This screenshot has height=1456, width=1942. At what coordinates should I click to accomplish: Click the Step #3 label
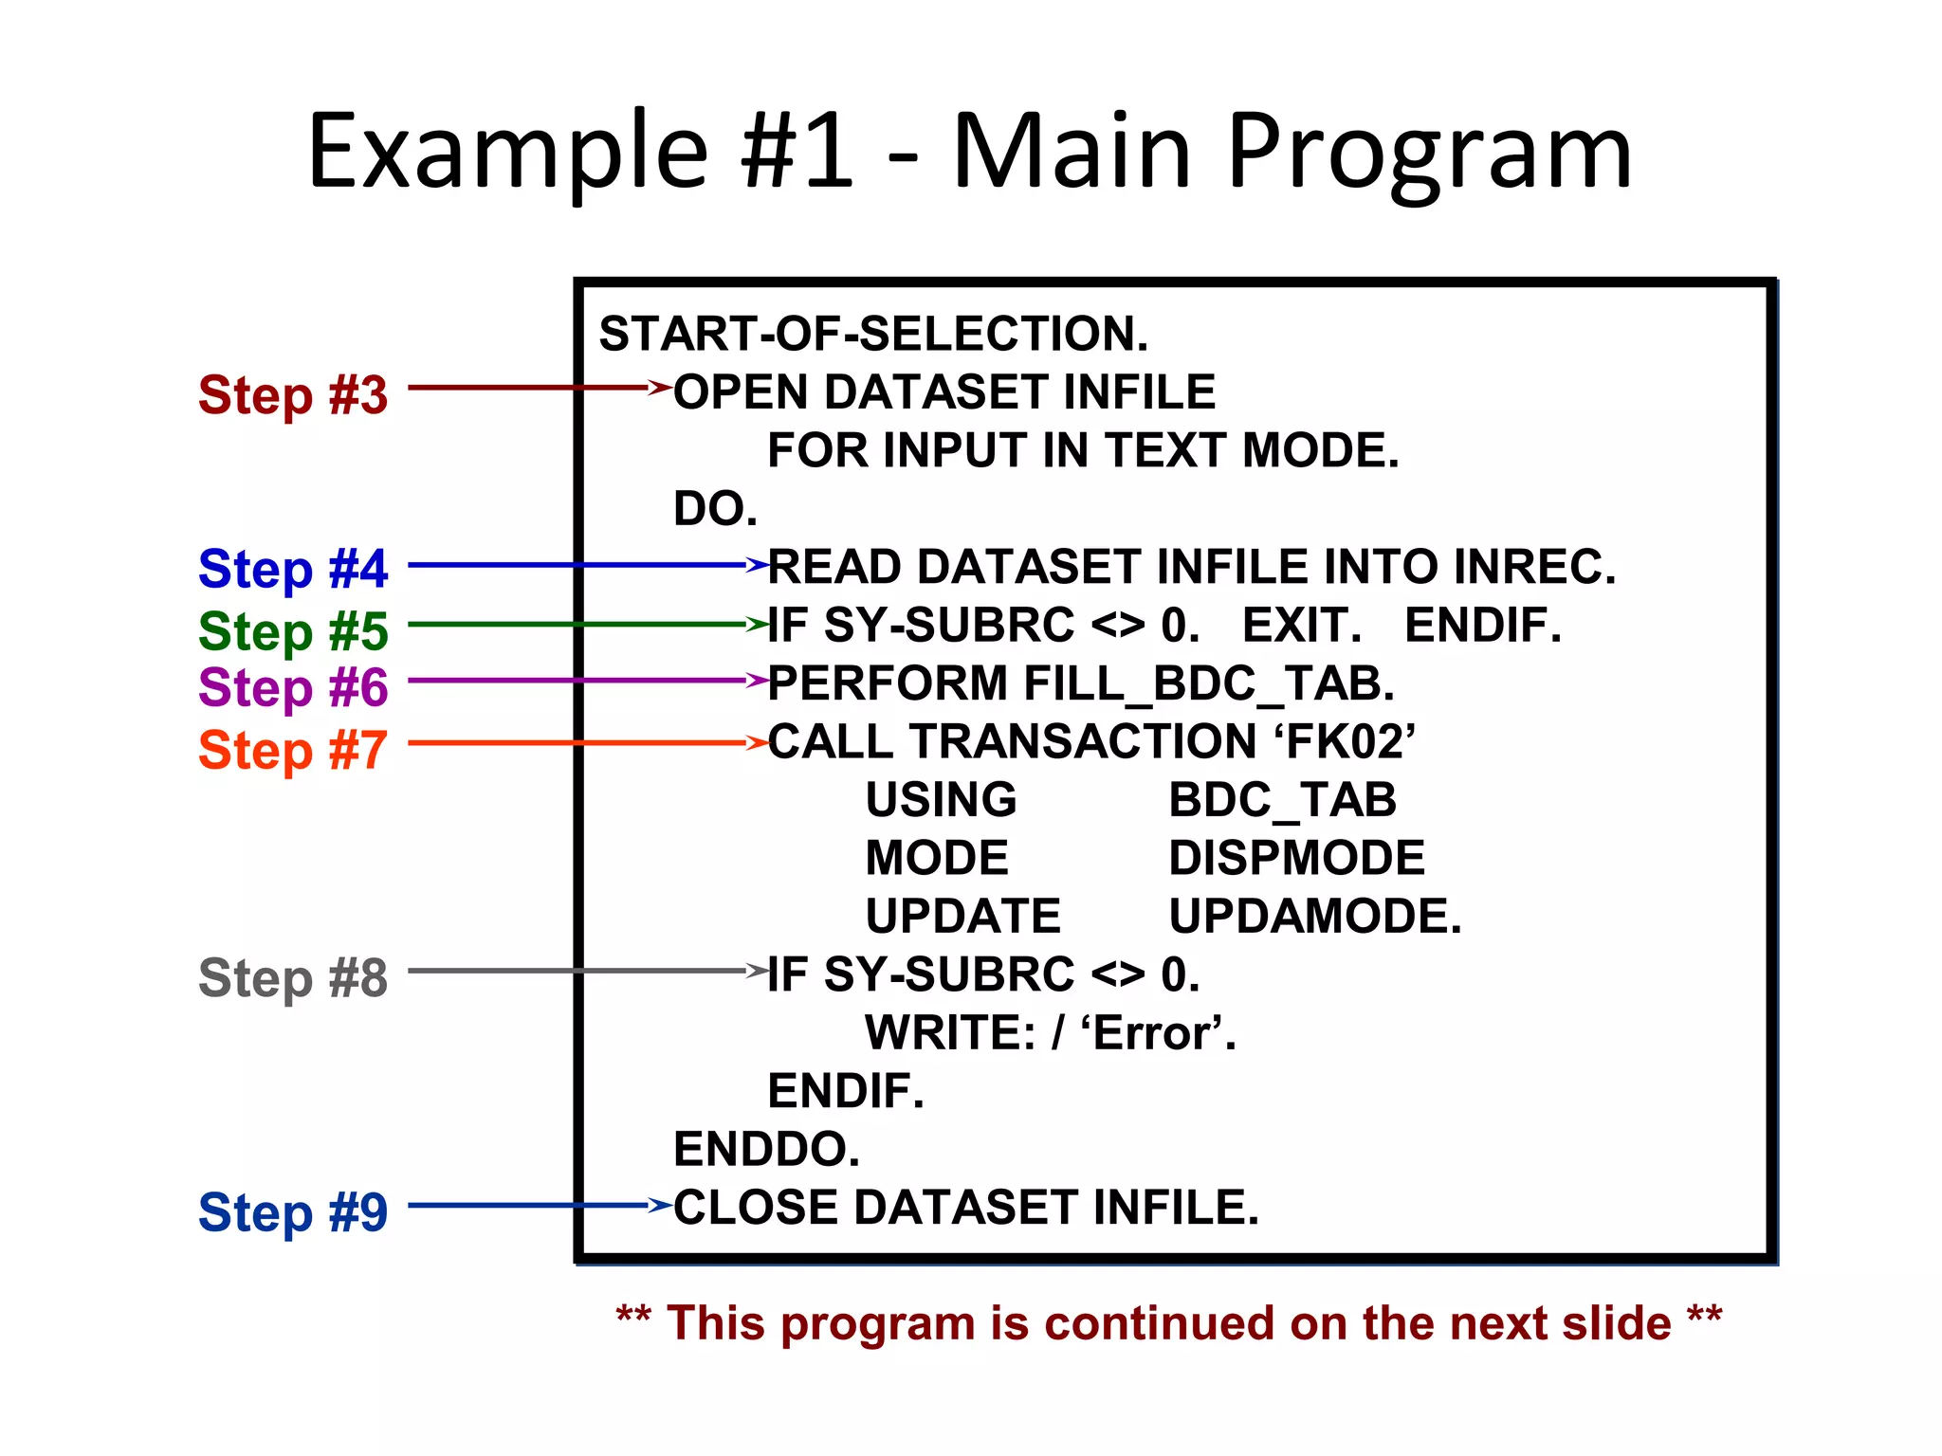[293, 394]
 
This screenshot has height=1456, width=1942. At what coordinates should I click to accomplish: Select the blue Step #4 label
[293, 569]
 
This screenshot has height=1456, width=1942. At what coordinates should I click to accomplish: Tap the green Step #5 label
[293, 630]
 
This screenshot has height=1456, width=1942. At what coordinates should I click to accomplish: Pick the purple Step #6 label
[293, 687]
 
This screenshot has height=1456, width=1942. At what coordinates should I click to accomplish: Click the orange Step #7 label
[293, 750]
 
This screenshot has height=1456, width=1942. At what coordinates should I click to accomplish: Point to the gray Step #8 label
[293, 977]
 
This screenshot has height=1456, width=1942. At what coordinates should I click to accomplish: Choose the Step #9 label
[293, 1211]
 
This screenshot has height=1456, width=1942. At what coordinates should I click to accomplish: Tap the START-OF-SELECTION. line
[873, 334]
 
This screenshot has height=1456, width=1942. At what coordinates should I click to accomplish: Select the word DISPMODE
[1296, 858]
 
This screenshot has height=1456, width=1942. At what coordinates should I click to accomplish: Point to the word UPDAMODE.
[1315, 917]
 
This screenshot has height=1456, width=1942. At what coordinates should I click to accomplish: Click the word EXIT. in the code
[1302, 626]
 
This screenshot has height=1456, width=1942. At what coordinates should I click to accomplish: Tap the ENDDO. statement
[766, 1149]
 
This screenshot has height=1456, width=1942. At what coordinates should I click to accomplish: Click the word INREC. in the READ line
[1533, 567]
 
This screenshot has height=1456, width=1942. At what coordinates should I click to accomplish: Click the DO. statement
[715, 509]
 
